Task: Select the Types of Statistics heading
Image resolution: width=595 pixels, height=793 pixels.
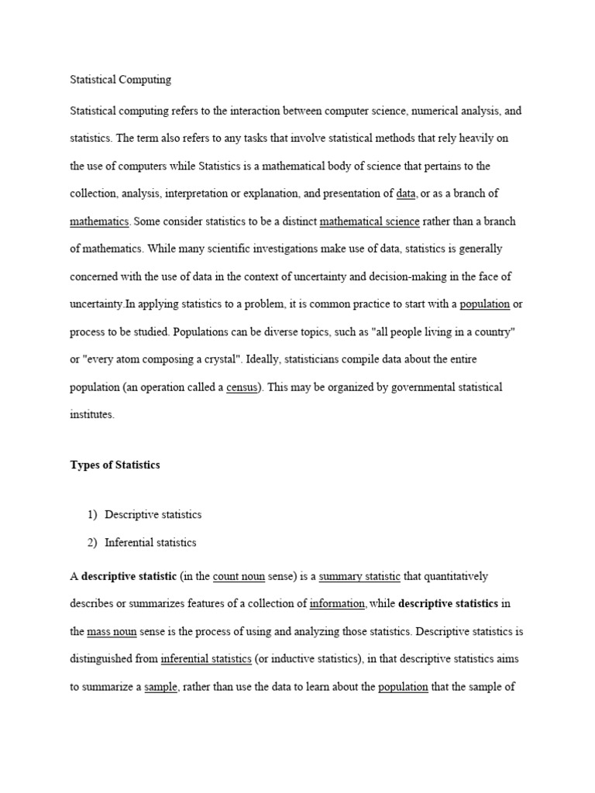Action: (x=115, y=465)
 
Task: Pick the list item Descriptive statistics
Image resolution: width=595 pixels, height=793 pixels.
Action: (x=153, y=514)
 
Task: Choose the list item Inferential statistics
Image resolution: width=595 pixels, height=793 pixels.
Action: (x=151, y=542)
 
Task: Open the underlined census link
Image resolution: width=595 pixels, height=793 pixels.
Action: (x=242, y=386)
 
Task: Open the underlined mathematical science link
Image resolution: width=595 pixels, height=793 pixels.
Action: (x=370, y=221)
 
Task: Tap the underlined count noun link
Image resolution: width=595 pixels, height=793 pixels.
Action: (x=239, y=576)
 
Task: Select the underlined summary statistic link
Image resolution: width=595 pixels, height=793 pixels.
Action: (x=359, y=576)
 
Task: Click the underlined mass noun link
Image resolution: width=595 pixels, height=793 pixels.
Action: (x=112, y=632)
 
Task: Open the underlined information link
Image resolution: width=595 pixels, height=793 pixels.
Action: (x=337, y=604)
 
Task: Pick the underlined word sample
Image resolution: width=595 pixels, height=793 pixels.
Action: (x=161, y=687)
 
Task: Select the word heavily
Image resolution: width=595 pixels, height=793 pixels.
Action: (x=475, y=139)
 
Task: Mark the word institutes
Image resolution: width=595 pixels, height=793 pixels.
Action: (x=91, y=414)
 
